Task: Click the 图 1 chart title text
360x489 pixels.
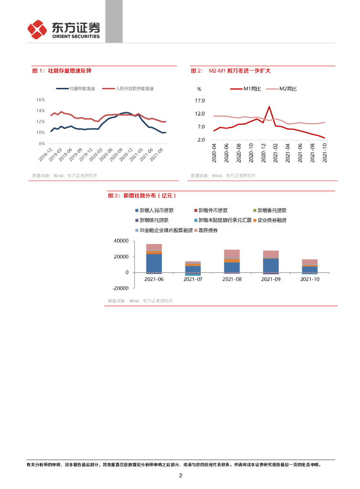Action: tap(62, 71)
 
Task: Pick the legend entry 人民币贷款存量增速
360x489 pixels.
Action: tap(135, 89)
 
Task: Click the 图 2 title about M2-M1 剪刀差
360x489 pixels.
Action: tap(231, 71)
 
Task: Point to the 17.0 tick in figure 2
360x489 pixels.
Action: tap(200, 101)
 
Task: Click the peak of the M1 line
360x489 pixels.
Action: tap(269, 106)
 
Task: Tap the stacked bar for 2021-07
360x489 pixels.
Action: tap(193, 267)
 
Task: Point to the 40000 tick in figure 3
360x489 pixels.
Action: tap(122, 241)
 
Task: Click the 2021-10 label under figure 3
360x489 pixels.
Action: tap(310, 279)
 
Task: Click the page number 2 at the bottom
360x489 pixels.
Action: tap(180, 476)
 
